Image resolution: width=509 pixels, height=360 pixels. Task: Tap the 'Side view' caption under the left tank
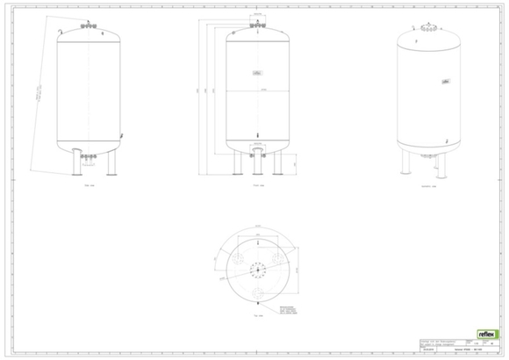[88, 186]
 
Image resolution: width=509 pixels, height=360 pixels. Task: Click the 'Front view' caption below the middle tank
[256, 186]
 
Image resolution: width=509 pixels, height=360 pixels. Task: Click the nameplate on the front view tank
[256, 74]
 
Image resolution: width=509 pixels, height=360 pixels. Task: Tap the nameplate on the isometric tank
[446, 82]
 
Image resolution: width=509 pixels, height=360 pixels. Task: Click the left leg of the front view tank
[235, 162]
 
